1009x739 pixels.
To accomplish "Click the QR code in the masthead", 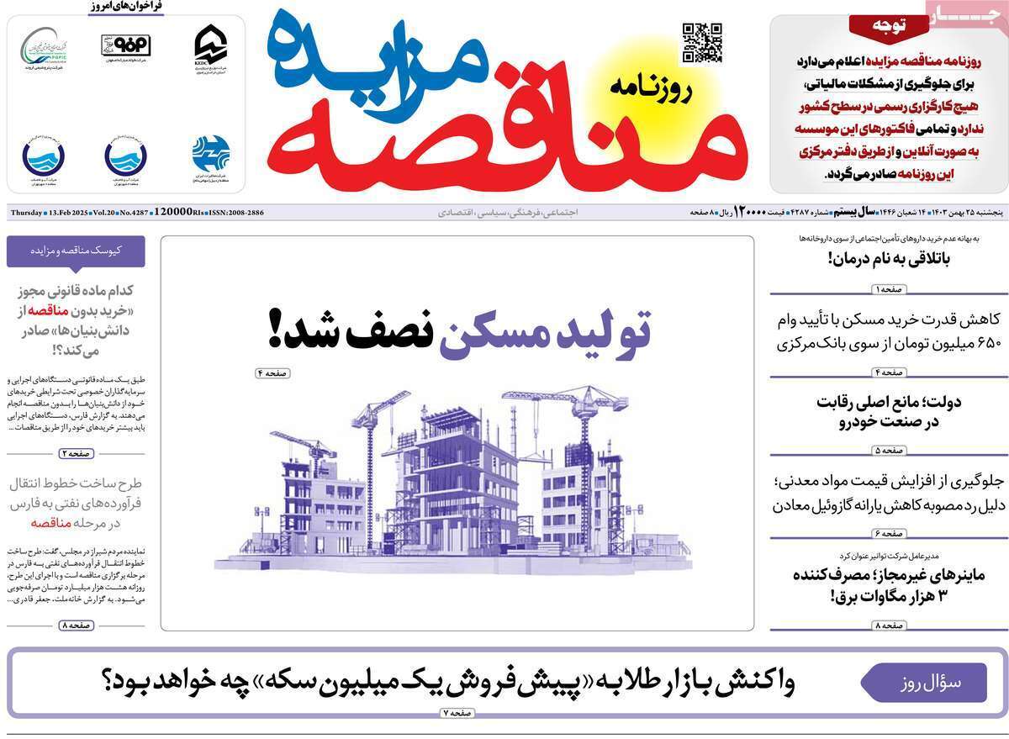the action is [x=701, y=43].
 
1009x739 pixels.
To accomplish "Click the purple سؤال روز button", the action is [x=922, y=682].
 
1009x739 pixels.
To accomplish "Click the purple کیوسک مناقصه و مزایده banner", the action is [x=76, y=251].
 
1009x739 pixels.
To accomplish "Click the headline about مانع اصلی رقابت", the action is [x=876, y=412].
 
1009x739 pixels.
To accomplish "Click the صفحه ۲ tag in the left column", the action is [x=76, y=454].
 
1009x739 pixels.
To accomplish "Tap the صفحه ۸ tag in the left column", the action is [x=76, y=626].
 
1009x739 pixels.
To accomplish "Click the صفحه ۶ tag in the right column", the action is [x=876, y=533].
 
